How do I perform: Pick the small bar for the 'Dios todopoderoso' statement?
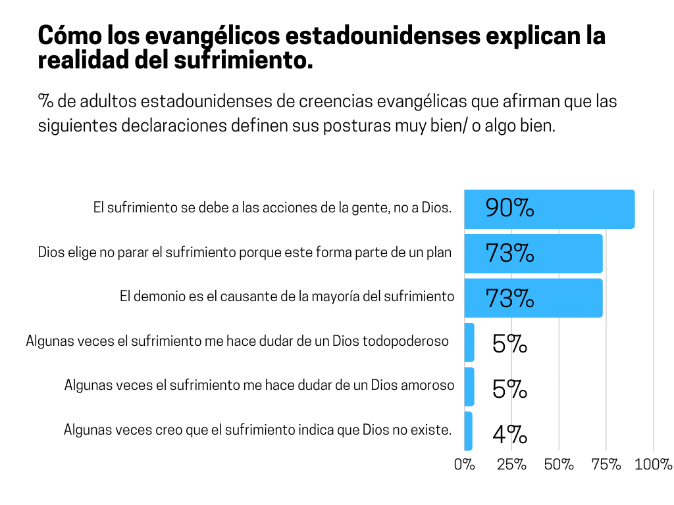(469, 342)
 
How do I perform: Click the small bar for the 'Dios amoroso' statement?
(469, 387)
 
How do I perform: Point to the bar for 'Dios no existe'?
(468, 431)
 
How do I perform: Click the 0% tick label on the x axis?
(464, 464)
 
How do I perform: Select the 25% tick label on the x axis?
(511, 464)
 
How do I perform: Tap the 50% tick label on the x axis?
(559, 464)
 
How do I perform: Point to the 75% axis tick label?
(606, 464)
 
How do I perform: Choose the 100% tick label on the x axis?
(654, 464)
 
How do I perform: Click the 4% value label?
(509, 434)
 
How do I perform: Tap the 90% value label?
(509, 208)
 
